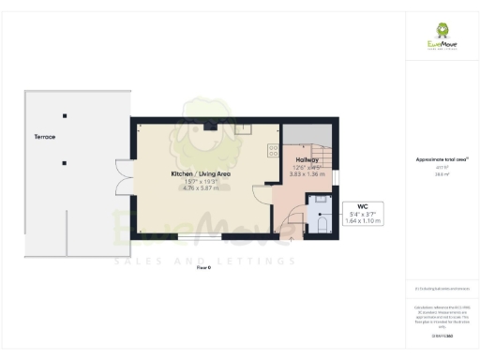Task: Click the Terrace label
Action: point(43,137)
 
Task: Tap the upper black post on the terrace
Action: point(65,115)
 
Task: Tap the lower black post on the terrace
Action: point(65,163)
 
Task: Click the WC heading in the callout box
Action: point(362,205)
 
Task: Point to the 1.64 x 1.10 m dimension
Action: point(362,221)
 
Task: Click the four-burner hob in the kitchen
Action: point(276,148)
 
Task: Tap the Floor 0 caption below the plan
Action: point(203,267)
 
